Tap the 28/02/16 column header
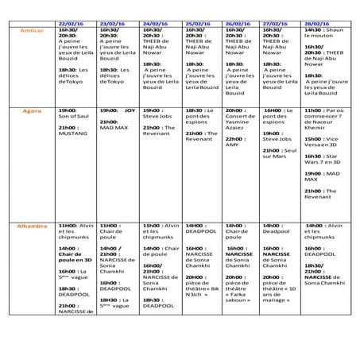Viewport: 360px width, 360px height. pos(320,25)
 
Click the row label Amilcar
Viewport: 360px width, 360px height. pos(32,30)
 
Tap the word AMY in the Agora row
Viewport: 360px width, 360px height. pos(232,145)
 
